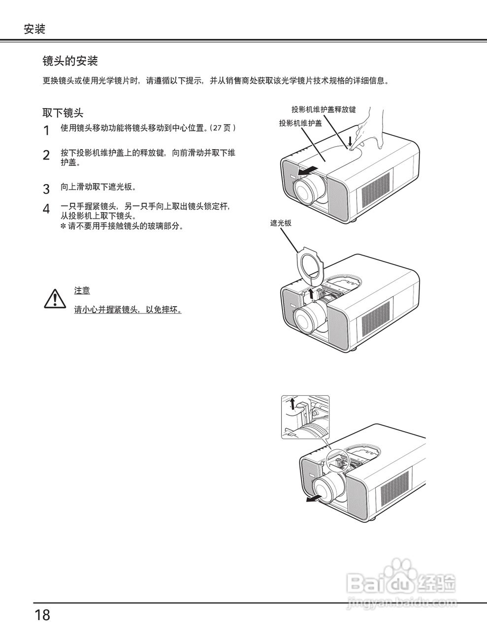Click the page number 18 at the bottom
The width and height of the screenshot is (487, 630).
[x=42, y=615]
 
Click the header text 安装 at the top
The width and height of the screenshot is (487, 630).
[x=34, y=29]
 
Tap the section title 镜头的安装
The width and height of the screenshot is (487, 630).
[x=70, y=61]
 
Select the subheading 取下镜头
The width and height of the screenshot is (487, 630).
[x=63, y=113]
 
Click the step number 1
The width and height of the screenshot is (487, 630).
[x=46, y=131]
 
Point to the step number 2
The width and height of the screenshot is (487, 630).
[x=46, y=156]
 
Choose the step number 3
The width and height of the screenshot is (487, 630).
[x=46, y=189]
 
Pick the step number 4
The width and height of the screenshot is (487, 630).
[x=46, y=209]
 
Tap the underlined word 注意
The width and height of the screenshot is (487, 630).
[x=82, y=291]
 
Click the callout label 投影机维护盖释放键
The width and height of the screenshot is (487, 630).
[x=323, y=109]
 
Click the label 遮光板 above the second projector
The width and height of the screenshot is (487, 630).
[x=281, y=223]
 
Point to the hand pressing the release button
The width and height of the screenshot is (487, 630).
[x=369, y=128]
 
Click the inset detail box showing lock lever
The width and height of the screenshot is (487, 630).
[x=305, y=416]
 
